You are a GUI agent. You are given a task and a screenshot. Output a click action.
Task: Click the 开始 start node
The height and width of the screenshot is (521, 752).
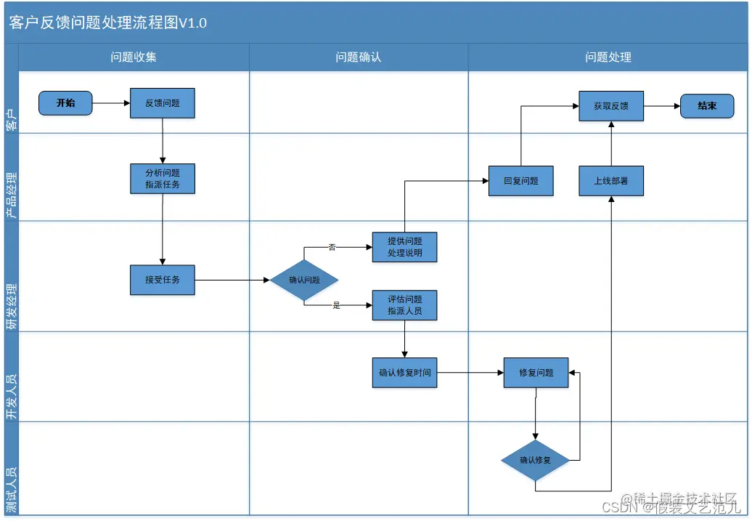click(x=65, y=103)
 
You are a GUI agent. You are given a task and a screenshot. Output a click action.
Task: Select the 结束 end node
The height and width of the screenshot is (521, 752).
click(x=707, y=106)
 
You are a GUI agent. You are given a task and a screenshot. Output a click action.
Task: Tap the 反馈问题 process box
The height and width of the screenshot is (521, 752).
click(x=163, y=103)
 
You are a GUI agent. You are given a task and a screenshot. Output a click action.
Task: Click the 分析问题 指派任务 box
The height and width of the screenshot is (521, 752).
click(x=163, y=179)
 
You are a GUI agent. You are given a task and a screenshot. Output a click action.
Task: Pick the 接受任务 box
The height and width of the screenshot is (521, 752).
click(x=163, y=280)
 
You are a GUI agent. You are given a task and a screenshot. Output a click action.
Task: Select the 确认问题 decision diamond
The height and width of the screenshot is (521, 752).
click(x=304, y=280)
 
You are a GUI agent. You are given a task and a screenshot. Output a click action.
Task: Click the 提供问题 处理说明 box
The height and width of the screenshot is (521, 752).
click(x=404, y=247)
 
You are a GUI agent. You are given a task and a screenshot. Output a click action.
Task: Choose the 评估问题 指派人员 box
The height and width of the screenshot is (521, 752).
click(x=404, y=305)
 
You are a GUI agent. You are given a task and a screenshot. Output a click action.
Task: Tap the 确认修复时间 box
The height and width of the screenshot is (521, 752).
click(x=404, y=373)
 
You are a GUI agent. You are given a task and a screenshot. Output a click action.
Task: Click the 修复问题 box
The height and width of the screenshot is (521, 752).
click(x=536, y=373)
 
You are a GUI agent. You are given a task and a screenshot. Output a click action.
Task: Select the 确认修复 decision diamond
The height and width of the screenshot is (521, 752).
click(x=535, y=460)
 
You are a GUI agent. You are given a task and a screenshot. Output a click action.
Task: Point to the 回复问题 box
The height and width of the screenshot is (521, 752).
click(x=521, y=181)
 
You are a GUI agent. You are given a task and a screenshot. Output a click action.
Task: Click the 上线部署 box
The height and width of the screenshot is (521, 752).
click(x=611, y=181)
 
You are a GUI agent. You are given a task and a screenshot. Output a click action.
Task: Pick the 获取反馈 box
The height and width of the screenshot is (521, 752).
click(x=610, y=106)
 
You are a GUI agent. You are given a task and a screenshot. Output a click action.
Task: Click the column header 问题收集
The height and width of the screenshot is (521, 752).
click(x=134, y=57)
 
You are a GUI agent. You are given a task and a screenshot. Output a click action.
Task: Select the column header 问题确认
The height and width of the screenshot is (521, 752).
click(x=359, y=57)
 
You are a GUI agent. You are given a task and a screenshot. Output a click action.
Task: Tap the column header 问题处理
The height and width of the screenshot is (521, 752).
click(x=608, y=57)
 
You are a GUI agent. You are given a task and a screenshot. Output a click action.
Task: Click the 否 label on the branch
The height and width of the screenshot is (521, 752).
click(x=332, y=247)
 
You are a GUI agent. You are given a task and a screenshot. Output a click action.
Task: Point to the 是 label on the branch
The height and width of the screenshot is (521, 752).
click(x=336, y=305)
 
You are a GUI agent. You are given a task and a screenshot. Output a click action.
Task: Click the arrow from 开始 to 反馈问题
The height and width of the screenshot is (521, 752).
click(x=111, y=103)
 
